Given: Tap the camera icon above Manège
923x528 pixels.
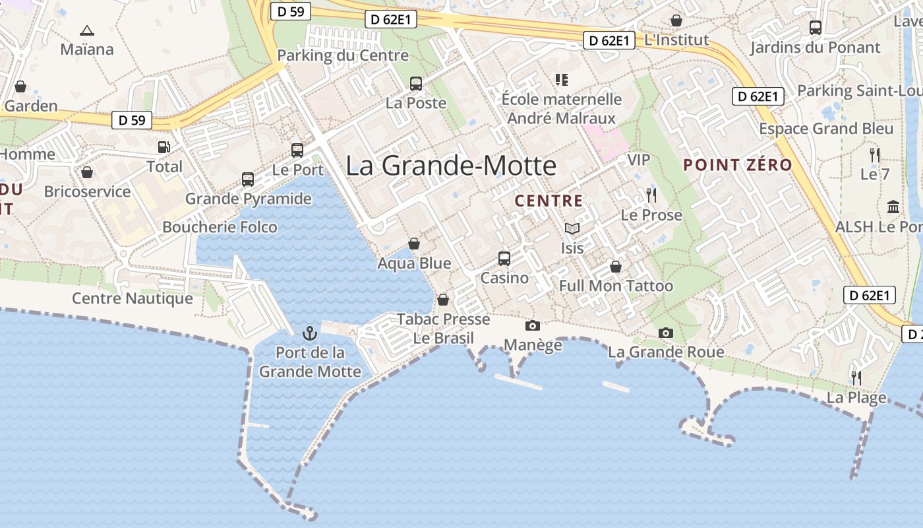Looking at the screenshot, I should (x=532, y=325).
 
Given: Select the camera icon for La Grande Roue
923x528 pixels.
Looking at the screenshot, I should (x=666, y=333).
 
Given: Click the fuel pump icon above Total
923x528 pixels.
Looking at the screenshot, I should (x=164, y=147).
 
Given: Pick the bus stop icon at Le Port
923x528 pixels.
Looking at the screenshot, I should (x=297, y=150).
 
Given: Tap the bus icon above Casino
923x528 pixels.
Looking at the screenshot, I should (x=504, y=258).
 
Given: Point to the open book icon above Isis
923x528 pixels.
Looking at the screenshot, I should (x=572, y=229).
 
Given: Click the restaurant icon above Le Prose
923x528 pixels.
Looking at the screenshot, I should (x=651, y=195).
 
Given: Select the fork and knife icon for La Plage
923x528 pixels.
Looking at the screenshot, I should (x=856, y=378).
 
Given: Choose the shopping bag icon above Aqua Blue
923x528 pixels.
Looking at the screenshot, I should (x=414, y=244).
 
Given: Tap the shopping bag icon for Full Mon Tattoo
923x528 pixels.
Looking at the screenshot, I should (x=615, y=267).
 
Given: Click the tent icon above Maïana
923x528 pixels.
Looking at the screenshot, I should (x=86, y=30).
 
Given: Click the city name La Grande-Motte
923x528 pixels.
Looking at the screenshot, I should (x=451, y=165).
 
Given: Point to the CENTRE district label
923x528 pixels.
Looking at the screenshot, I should (x=549, y=201).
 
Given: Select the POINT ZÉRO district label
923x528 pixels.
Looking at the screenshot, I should (x=737, y=165).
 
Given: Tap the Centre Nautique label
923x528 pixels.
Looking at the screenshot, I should (x=133, y=298).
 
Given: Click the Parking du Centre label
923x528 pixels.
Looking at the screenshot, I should (x=343, y=55).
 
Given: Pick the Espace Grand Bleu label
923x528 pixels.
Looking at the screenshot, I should (x=825, y=129).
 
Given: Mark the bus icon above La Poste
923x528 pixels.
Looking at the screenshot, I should (x=416, y=84).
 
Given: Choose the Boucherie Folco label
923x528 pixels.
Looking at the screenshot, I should (x=220, y=227).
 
